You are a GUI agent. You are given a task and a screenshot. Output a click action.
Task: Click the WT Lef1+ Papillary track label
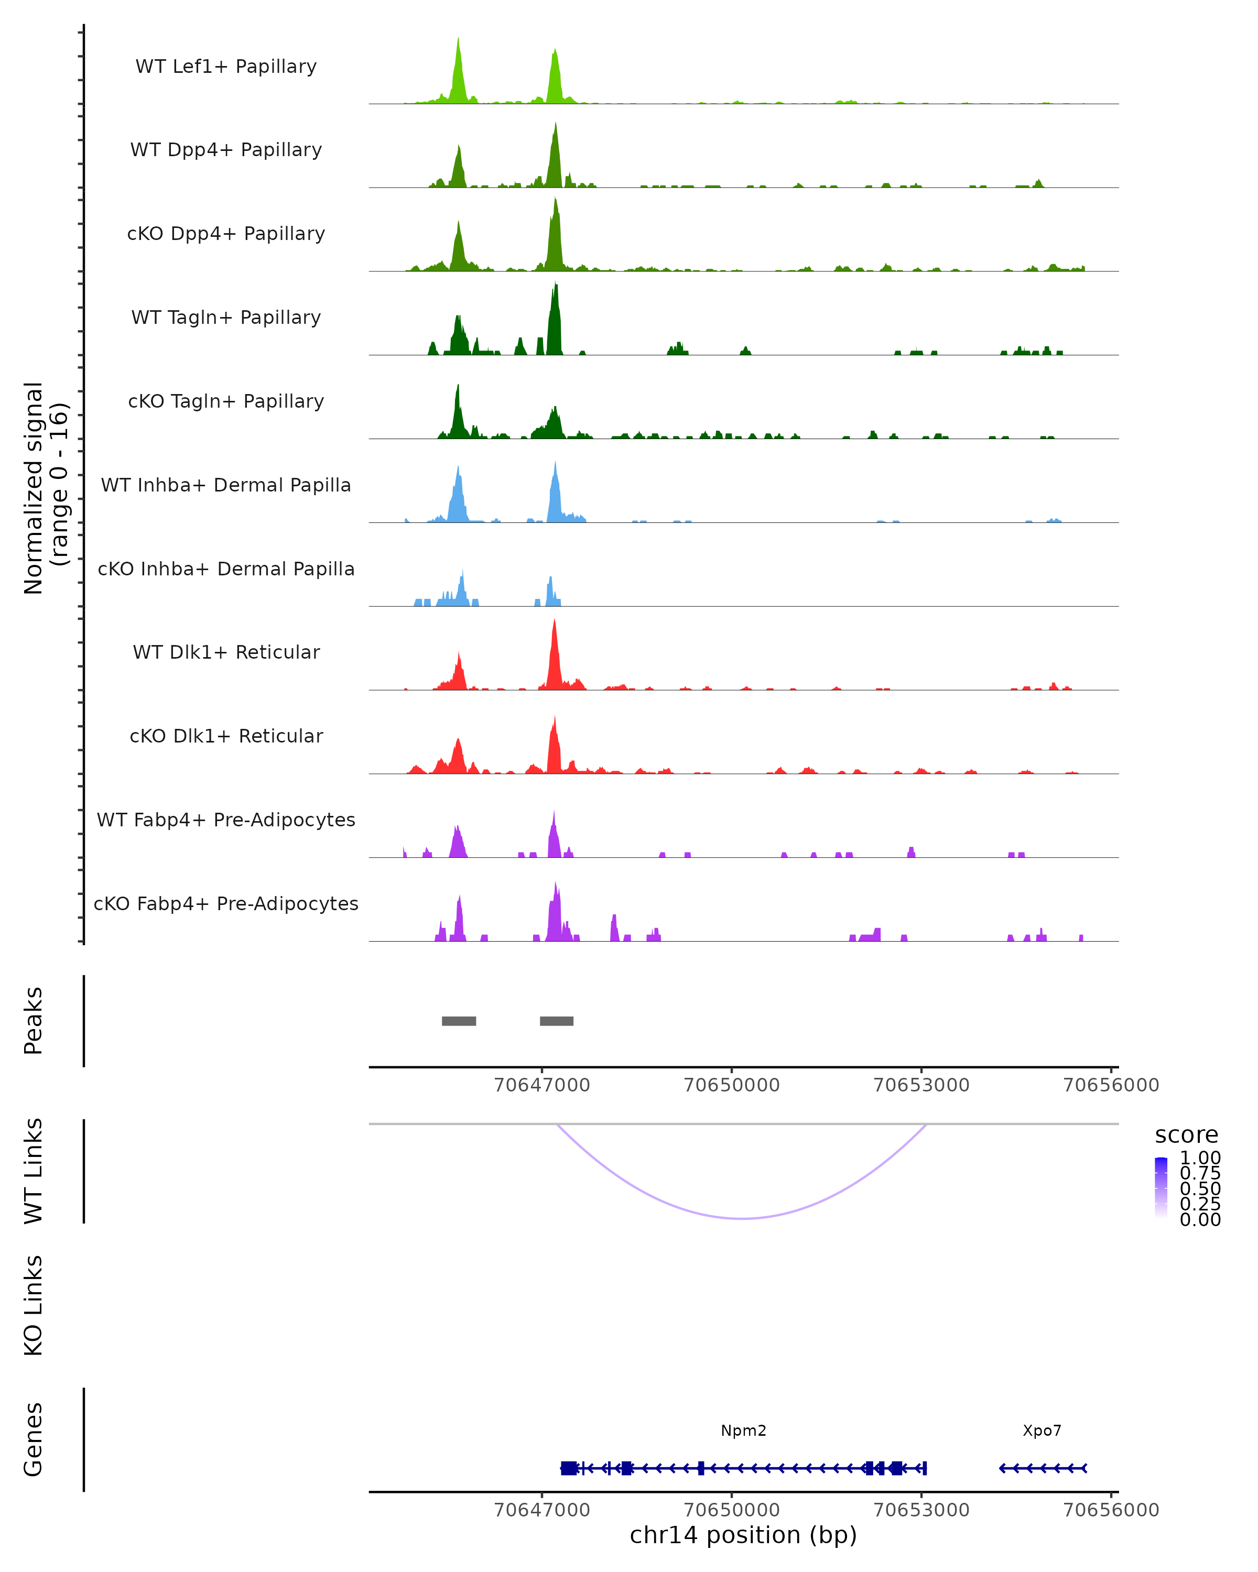(226, 67)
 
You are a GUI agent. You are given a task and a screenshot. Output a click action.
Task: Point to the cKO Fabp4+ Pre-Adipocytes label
(226, 903)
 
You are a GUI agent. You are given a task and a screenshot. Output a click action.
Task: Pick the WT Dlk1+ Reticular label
(226, 652)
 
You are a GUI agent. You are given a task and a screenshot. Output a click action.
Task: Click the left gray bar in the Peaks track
(459, 1021)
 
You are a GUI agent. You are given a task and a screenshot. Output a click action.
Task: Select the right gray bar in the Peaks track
(557, 1021)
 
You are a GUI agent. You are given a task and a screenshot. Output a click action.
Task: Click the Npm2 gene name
(743, 1431)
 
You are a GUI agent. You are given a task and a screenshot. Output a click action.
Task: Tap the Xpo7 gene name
(1042, 1431)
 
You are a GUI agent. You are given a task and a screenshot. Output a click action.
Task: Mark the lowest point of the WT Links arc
(742, 1218)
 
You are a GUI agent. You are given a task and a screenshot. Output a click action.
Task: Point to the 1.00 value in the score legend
(1200, 1158)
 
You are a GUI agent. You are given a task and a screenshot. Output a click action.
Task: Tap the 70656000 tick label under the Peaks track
(1111, 1085)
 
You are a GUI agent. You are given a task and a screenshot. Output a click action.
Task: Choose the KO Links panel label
(34, 1305)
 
